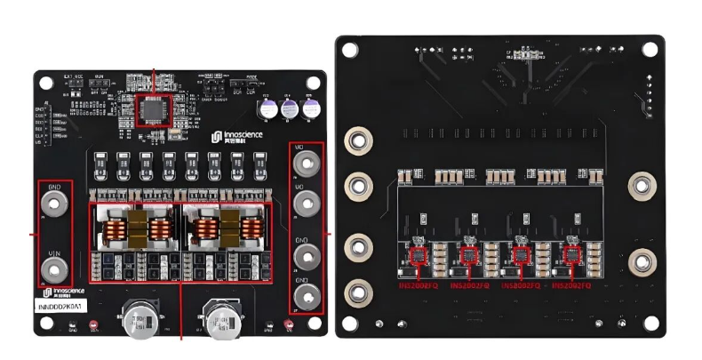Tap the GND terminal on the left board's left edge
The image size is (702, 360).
coord(54,204)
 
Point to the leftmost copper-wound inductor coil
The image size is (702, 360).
coord(114,230)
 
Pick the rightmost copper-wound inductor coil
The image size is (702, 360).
coord(254,230)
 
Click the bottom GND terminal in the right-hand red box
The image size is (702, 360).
coord(306,293)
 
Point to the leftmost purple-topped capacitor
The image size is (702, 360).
coord(267,108)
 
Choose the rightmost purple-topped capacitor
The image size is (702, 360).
coord(310,108)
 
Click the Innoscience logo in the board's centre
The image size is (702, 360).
coord(238,136)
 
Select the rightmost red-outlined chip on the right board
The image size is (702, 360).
coord(570,256)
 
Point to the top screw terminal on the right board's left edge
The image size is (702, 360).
coord(357,140)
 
